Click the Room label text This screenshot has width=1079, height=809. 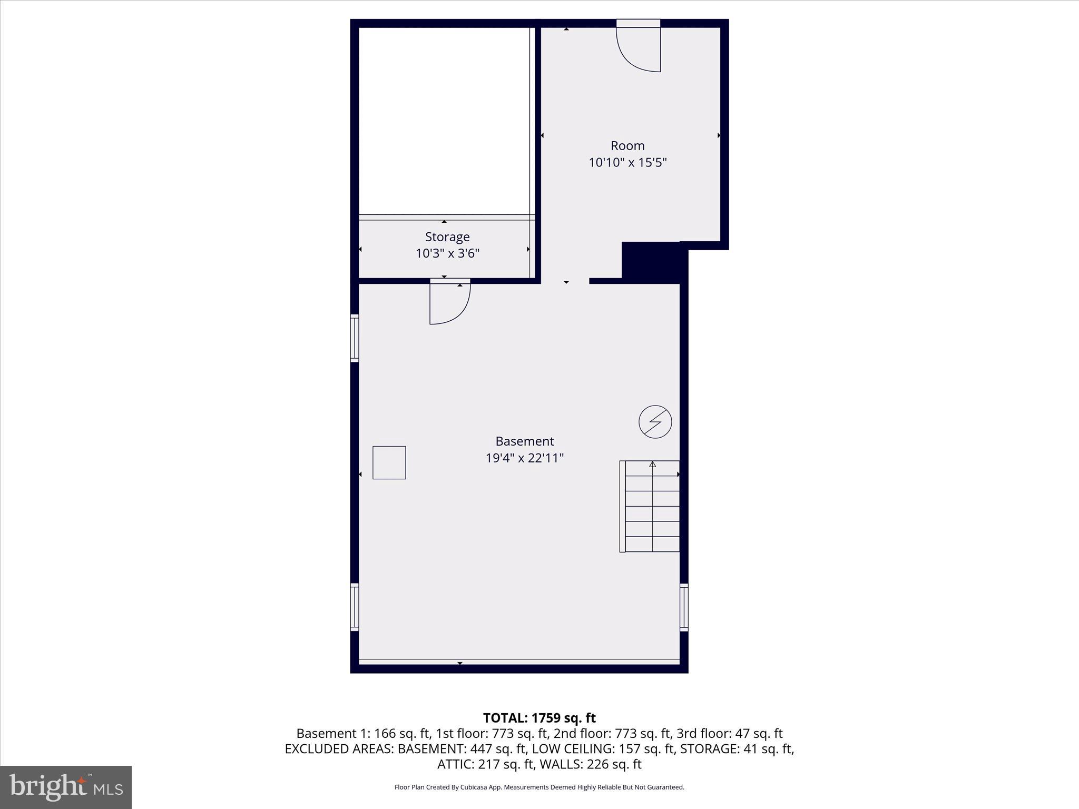(x=627, y=146)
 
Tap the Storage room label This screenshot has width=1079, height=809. (x=447, y=237)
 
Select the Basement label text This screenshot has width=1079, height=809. (x=525, y=441)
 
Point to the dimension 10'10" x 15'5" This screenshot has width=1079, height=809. (x=627, y=163)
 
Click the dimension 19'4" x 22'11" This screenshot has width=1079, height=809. (x=525, y=458)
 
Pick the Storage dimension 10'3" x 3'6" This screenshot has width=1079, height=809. (x=447, y=254)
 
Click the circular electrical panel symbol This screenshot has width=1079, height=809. (x=655, y=422)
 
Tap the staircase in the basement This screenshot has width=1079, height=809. (x=650, y=506)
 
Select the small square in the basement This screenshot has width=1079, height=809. (x=389, y=462)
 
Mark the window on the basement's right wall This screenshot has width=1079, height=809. (x=684, y=607)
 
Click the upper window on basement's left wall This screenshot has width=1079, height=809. (x=355, y=338)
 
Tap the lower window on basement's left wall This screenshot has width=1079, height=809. (x=355, y=607)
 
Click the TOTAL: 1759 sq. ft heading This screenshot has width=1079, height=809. (x=539, y=718)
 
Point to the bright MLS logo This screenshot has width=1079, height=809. (x=66, y=787)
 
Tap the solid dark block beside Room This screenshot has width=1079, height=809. (x=653, y=261)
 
